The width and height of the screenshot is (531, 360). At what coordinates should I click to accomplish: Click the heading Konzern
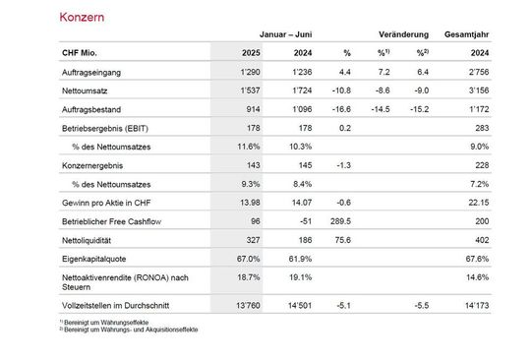point(82,18)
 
